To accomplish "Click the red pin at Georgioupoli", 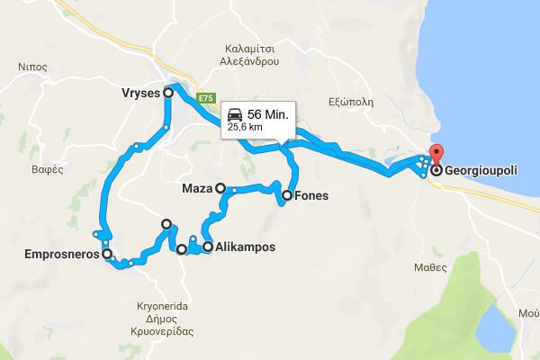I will pyautogui.click(x=437, y=154).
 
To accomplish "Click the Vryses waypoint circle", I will pyautogui.click(x=168, y=92).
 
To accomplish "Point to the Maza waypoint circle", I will pyautogui.click(x=220, y=189).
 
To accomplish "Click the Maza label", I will pyautogui.click(x=197, y=189).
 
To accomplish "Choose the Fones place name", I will pyautogui.click(x=311, y=195).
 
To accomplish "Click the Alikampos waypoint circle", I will pyautogui.click(x=208, y=247).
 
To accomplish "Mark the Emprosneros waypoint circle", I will pyautogui.click(x=107, y=255).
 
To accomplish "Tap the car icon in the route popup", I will pyautogui.click(x=235, y=114).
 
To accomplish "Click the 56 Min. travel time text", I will pyautogui.click(x=268, y=114).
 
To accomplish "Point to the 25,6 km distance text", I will pyautogui.click(x=244, y=128).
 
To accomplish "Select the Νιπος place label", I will pyautogui.click(x=31, y=66).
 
